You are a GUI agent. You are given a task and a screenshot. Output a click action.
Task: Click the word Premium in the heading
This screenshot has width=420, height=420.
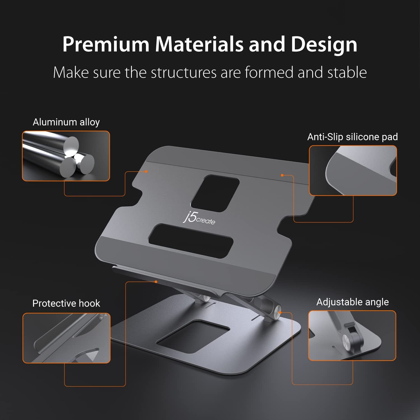[106, 44]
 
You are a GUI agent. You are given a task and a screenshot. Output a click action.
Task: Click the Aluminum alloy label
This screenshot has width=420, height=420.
[66, 122]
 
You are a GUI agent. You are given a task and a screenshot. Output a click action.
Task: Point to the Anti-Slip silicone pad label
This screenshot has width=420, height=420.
[352, 137]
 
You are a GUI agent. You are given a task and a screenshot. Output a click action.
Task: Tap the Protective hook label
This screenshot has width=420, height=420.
[66, 303]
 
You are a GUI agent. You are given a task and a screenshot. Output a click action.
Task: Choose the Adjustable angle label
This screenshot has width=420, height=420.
[352, 302]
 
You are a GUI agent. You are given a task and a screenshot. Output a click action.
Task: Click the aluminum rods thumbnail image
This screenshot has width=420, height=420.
[66, 156]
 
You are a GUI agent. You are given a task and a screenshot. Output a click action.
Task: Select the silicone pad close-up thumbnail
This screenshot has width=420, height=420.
[353, 170]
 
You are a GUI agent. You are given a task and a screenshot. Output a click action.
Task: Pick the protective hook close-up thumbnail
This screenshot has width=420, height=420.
[66, 338]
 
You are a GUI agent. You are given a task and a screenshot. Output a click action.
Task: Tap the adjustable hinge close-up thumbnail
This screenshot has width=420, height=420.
[352, 335]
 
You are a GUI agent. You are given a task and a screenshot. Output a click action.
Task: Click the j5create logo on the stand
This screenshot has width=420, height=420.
[199, 219]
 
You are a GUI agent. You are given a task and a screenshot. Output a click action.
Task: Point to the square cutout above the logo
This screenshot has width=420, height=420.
[215, 193]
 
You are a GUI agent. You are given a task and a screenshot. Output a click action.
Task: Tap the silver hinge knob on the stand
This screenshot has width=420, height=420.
[278, 311]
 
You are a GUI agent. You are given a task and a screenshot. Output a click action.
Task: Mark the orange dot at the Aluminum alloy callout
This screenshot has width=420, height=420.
[146, 171]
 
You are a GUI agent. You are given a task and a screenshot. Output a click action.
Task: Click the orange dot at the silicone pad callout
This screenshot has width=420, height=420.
[282, 175]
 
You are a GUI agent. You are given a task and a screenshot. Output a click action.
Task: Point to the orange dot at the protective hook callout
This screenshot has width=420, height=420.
[156, 282]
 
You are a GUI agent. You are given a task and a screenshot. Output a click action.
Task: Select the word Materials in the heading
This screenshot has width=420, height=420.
[199, 44]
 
